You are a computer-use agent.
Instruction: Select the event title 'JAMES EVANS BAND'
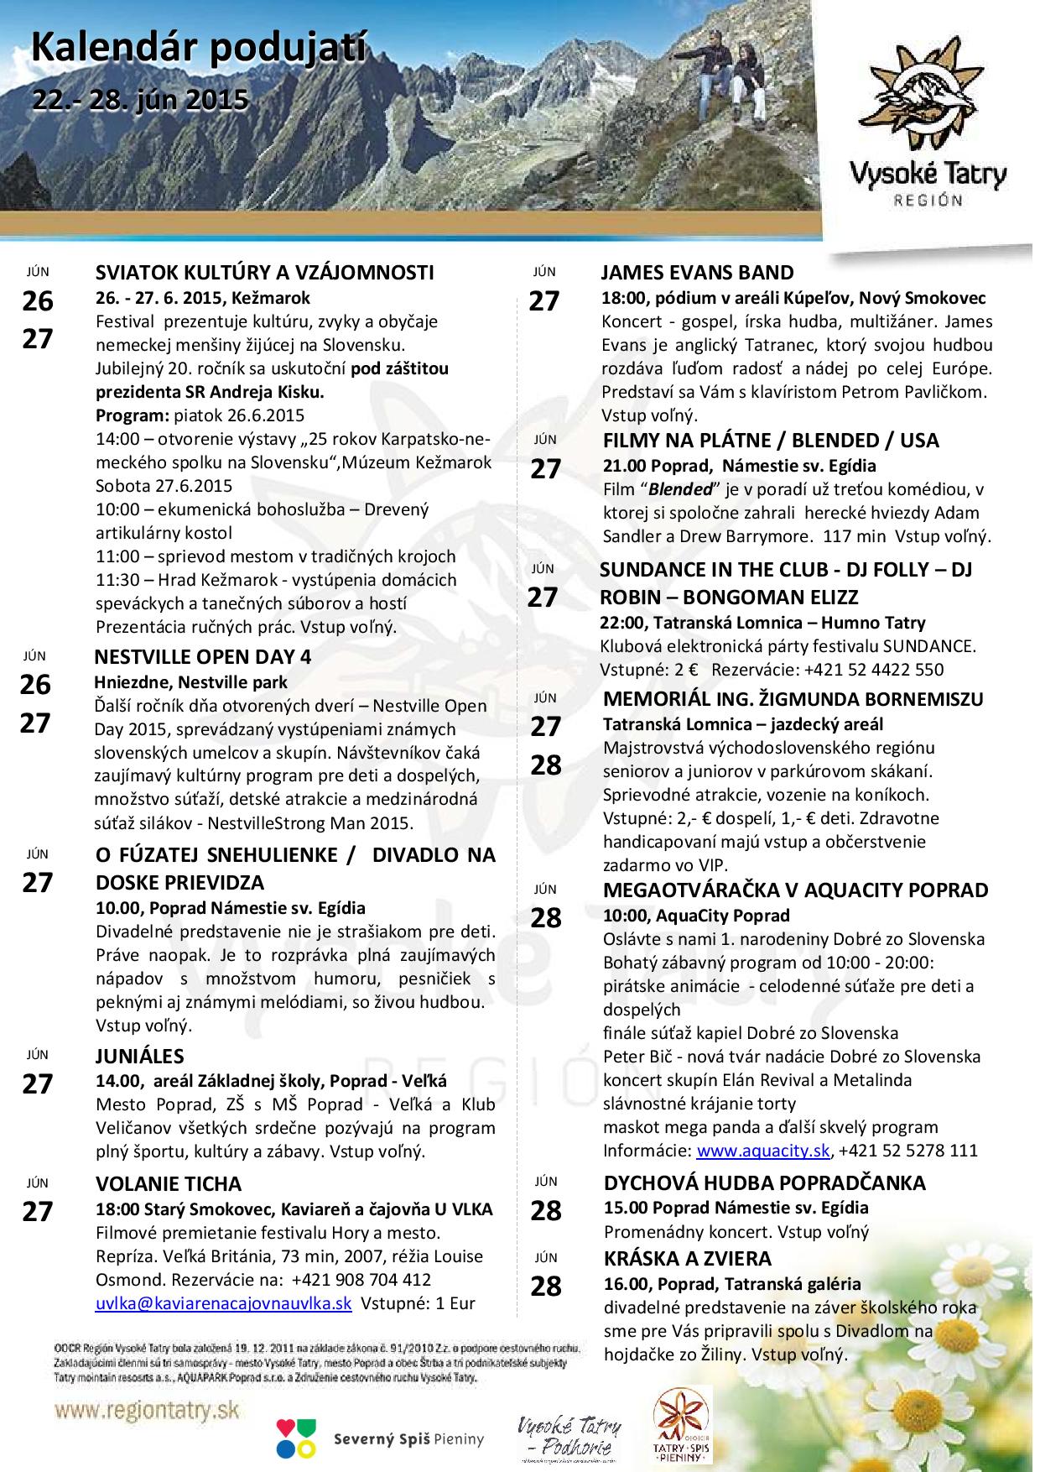697,273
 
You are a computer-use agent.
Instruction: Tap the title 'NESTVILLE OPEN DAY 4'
203,657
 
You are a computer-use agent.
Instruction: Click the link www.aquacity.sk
763,1151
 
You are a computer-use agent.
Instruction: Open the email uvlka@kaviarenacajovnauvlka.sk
223,1303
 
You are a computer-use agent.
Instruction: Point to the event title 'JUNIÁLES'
139,1056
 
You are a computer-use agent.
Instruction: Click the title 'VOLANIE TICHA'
168,1184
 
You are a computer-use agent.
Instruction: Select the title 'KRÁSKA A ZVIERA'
687,1259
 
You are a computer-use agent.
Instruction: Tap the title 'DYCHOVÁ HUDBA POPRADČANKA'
764,1183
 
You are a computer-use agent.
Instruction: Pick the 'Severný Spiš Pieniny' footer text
409,1439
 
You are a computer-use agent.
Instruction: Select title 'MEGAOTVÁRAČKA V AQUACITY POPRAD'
795,890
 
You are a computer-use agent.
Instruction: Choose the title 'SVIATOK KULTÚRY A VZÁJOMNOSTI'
264,273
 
